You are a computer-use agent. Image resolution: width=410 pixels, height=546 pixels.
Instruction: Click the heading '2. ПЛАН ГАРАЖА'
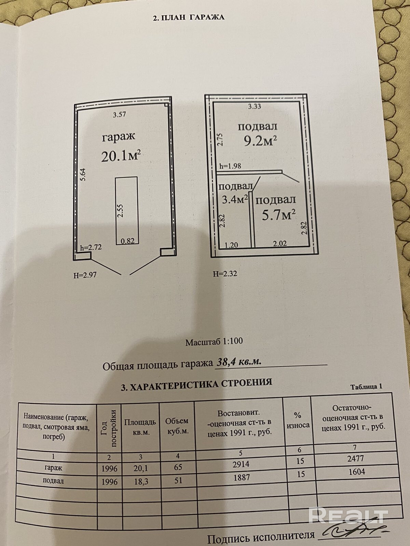click(189, 17)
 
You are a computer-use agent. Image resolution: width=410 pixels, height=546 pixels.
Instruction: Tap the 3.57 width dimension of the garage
click(119, 115)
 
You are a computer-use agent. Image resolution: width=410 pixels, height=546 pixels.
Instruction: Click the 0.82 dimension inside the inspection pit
click(128, 241)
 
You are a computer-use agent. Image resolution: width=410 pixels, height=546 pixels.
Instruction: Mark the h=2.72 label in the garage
click(91, 248)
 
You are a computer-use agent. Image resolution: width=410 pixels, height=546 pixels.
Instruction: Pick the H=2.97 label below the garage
click(85, 275)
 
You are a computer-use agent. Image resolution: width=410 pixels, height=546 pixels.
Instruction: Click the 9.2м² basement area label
click(260, 140)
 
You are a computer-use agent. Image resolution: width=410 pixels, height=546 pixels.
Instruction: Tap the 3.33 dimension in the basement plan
click(255, 106)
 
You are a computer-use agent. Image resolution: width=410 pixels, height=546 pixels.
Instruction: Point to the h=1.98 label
click(230, 166)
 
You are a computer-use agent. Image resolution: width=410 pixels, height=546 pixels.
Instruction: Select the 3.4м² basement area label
click(235, 199)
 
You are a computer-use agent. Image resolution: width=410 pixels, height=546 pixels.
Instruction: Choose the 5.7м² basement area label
click(278, 215)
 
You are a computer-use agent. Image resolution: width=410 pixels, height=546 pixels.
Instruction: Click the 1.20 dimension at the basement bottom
click(231, 244)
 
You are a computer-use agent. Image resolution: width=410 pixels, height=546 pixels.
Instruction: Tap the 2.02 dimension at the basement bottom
click(279, 243)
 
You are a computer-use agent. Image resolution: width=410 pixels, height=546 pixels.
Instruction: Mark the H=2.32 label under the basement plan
click(225, 274)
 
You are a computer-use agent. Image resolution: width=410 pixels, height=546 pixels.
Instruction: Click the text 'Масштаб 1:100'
click(214, 342)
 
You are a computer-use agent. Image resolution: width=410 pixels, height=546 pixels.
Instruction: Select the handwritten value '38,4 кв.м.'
click(239, 362)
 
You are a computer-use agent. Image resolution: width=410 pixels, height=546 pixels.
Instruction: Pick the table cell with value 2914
click(241, 464)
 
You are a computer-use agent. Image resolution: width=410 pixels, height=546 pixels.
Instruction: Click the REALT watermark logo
click(348, 515)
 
